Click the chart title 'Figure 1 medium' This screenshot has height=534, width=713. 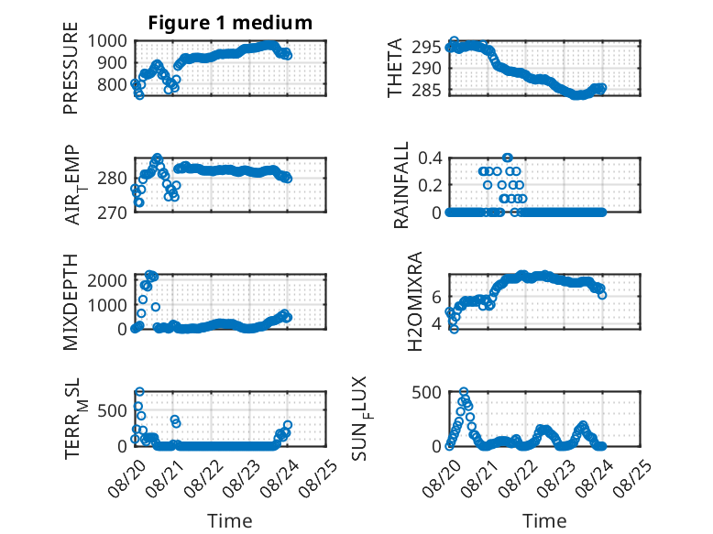230,23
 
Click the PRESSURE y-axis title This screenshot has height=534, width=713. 71,68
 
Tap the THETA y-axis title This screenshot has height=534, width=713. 395,68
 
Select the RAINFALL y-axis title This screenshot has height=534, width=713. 401,185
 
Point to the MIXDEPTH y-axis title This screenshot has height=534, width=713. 71,302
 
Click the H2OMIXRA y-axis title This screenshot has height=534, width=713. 415,301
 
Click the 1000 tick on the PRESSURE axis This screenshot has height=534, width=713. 107,41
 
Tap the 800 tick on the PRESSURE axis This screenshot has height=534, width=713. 112,84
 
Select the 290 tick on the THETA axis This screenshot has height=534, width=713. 426,69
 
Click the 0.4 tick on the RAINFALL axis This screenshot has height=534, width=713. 430,158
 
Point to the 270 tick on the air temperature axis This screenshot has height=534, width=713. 112,213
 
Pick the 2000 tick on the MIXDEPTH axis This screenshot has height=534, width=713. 107,280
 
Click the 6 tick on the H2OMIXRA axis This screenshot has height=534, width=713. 436,297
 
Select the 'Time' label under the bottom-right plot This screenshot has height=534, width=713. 544,521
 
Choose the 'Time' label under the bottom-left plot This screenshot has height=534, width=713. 230,521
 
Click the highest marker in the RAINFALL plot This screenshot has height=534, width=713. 508,158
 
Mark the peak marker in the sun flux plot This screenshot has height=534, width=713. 464,391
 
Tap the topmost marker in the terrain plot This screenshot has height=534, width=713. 139,391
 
